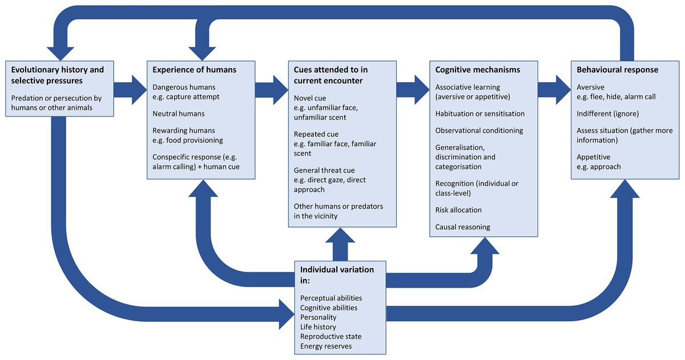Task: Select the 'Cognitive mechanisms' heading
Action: click(477, 70)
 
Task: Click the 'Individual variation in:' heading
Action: click(337, 274)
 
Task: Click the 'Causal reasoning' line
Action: click(462, 226)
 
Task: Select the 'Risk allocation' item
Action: click(458, 209)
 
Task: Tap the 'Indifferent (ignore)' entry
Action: click(607, 114)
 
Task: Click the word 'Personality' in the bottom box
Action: click(318, 317)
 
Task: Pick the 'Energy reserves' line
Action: click(326, 346)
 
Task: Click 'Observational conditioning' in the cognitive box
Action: click(479, 131)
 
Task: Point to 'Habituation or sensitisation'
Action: click(479, 114)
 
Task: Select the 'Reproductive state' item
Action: click(331, 336)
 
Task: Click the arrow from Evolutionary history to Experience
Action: click(129, 88)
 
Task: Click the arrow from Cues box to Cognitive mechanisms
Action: click(412, 88)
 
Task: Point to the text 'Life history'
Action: click(318, 327)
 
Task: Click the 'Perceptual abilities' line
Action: click(331, 298)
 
